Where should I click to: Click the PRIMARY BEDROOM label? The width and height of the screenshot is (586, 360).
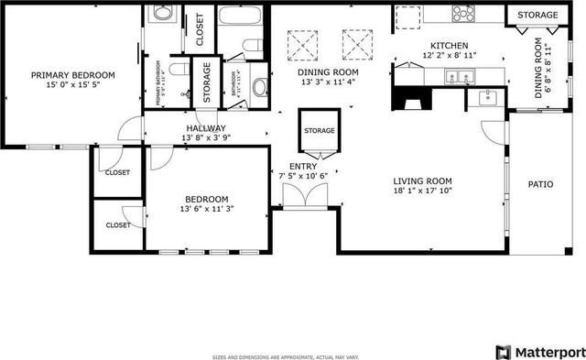(x=72, y=75)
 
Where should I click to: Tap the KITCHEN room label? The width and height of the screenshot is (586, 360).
(x=450, y=45)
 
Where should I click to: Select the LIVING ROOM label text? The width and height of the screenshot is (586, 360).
(x=423, y=180)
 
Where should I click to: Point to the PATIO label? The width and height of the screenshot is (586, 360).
(x=540, y=184)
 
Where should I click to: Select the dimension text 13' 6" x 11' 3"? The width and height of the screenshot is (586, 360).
(x=207, y=209)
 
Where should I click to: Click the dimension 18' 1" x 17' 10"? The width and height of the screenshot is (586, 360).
(x=423, y=191)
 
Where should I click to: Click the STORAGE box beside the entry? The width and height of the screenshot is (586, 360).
(x=319, y=130)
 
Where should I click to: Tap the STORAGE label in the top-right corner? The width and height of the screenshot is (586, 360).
(x=537, y=16)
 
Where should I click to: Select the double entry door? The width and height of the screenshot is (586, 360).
(x=303, y=195)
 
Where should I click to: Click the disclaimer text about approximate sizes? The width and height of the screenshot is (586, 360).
(x=285, y=356)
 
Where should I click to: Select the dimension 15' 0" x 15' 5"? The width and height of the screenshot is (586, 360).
(x=72, y=86)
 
